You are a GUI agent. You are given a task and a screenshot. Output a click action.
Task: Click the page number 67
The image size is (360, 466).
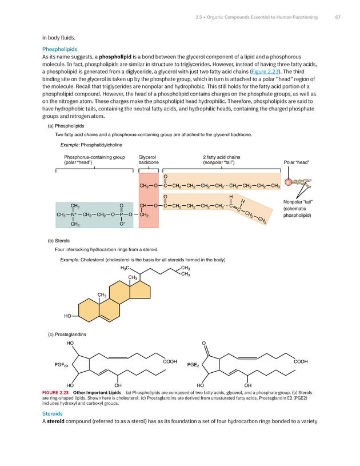coord(337,17)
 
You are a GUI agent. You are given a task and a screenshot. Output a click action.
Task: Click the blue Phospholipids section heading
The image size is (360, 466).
coord(60,49)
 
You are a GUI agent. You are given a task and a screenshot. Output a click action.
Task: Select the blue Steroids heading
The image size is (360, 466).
coord(54,413)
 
